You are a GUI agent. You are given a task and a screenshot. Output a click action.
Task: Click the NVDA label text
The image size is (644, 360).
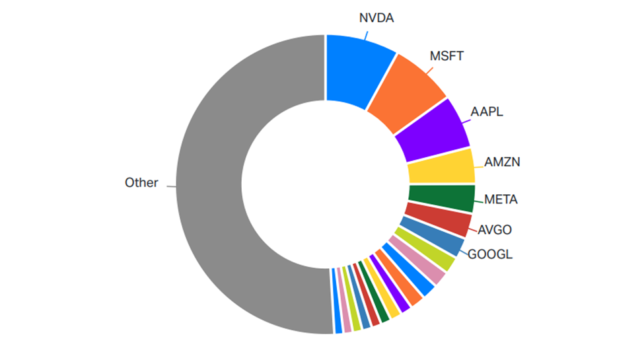point(376,18)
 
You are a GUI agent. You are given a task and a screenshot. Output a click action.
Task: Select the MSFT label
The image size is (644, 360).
point(447,56)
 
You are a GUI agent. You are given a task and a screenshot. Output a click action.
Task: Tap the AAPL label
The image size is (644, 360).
point(486,111)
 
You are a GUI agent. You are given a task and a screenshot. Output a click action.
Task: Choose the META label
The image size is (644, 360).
point(501,199)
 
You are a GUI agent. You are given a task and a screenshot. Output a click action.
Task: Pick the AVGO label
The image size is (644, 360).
point(494,230)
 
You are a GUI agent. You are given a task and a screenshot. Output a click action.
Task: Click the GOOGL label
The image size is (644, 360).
point(490,254)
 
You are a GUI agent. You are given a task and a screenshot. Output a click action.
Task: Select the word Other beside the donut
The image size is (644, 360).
point(141,183)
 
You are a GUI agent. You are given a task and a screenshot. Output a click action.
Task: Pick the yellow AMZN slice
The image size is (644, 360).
point(441,166)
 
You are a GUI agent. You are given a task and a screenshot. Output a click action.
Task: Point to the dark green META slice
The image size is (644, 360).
point(441,198)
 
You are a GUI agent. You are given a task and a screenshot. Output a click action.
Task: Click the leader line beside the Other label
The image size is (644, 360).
point(170,186)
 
